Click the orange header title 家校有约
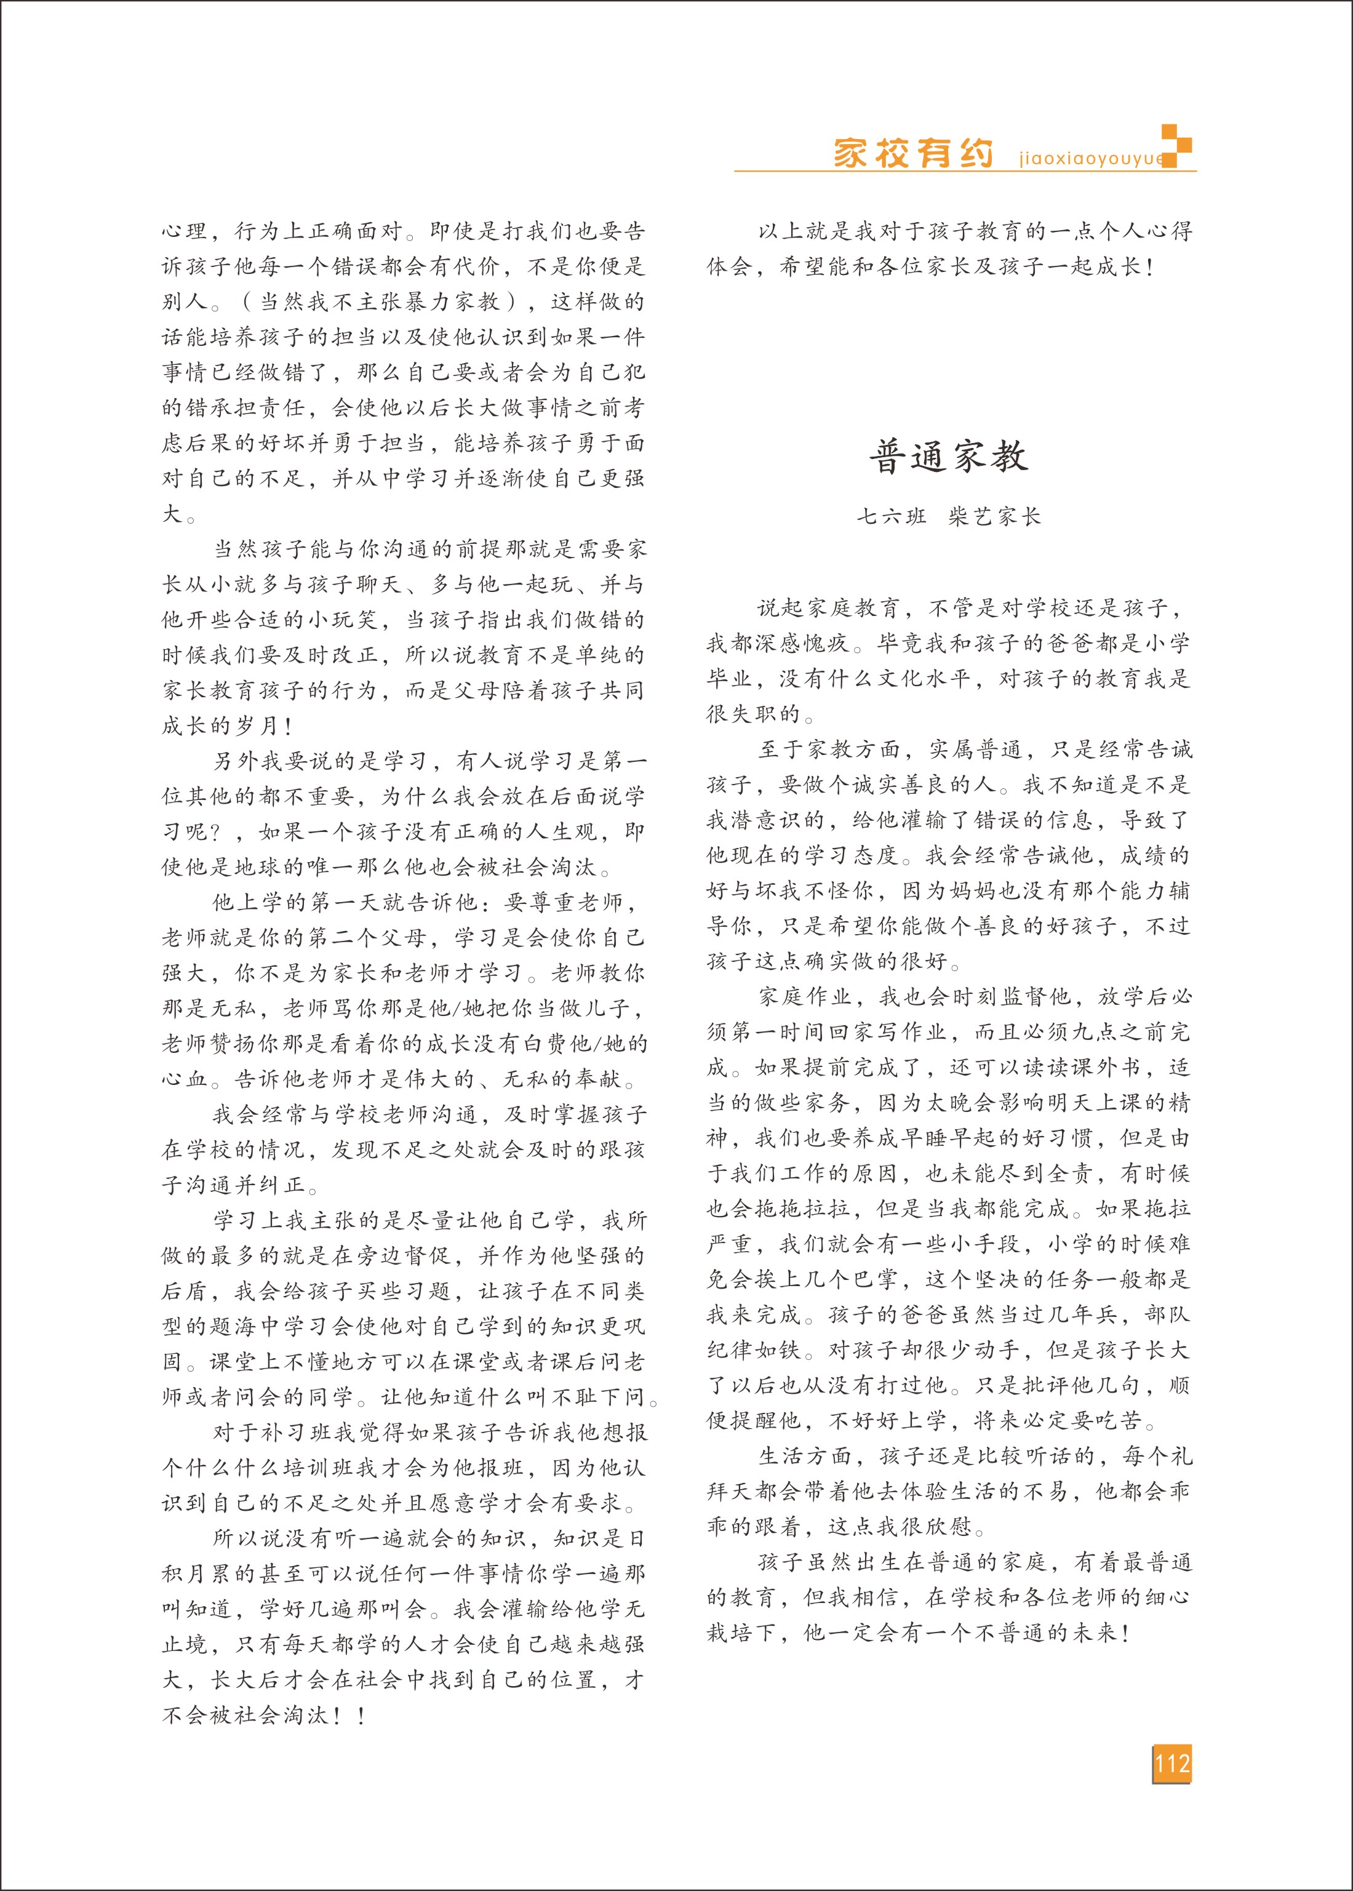pos(913,154)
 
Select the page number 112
pos(1171,1764)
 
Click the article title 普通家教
pos(949,457)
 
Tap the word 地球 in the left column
pos(257,867)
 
